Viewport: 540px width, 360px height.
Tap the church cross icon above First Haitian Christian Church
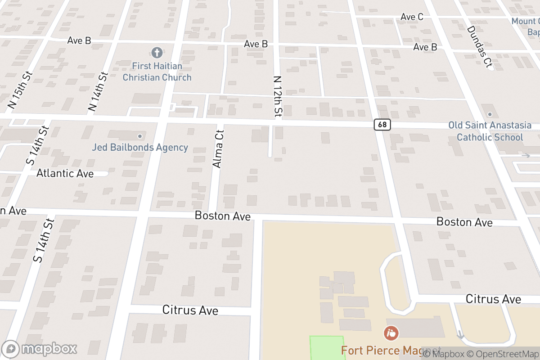[157, 53]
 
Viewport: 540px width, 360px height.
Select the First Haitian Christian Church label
[157, 72]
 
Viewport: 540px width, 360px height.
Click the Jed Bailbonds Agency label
[140, 147]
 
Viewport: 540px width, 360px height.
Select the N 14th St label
[98, 92]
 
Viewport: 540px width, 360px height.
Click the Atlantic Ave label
[65, 173]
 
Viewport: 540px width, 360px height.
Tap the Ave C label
[412, 17]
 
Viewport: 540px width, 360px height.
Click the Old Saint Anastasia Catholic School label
[490, 131]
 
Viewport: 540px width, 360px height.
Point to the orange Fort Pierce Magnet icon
[391, 333]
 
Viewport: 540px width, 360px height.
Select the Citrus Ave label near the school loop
[493, 299]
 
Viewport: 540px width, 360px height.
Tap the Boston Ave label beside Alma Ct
[222, 216]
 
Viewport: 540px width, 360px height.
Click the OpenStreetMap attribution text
[502, 354]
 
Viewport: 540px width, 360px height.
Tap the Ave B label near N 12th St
[256, 44]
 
